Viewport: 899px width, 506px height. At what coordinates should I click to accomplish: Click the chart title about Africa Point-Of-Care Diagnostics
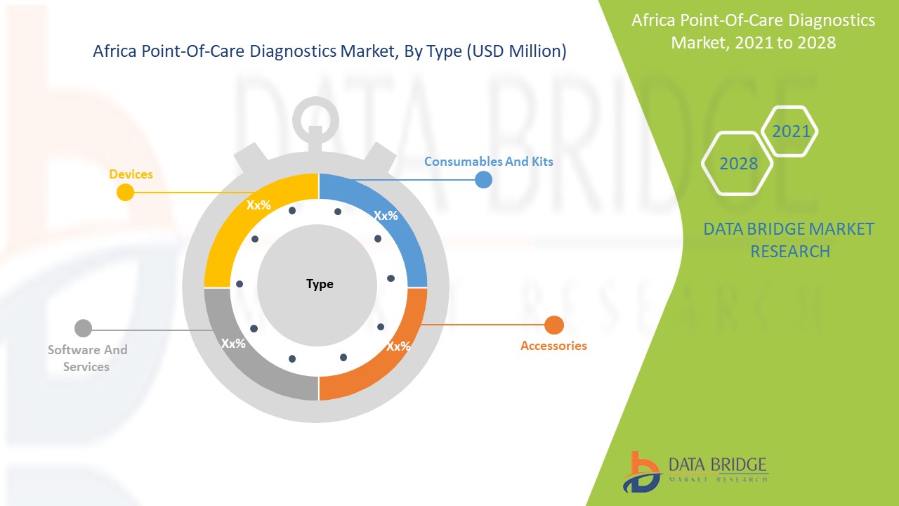(329, 51)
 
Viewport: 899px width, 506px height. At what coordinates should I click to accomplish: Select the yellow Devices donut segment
(232, 232)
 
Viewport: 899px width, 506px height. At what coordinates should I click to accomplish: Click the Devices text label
(131, 174)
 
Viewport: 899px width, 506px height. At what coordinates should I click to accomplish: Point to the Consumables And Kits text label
(488, 162)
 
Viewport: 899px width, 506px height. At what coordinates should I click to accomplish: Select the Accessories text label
(553, 346)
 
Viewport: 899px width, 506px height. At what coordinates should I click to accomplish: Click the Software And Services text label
(87, 358)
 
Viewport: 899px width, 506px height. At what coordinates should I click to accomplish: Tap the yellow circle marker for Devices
(125, 192)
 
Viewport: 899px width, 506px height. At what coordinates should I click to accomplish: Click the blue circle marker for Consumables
(483, 180)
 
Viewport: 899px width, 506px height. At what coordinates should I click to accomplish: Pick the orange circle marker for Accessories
(554, 325)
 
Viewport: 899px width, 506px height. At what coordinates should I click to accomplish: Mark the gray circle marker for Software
(83, 328)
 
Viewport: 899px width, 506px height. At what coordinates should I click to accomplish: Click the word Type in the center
(320, 284)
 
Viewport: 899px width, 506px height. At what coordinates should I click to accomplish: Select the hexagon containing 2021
(790, 131)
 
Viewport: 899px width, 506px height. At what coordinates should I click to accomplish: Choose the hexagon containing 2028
(737, 163)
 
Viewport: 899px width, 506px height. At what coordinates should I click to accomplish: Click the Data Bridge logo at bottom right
(695, 471)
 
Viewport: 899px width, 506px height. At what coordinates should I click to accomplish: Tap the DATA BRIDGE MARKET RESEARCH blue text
(789, 240)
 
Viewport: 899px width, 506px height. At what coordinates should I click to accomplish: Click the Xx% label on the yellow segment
(258, 206)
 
